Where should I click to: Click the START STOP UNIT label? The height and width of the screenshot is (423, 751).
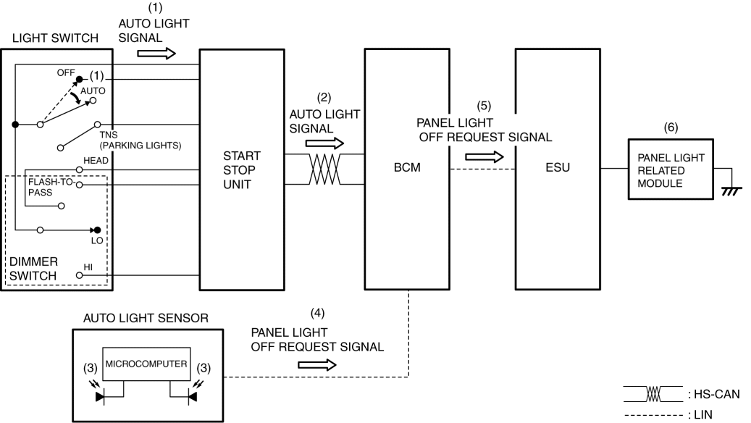[241, 170]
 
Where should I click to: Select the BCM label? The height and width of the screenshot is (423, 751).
[406, 167]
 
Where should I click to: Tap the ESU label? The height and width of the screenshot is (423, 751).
[558, 167]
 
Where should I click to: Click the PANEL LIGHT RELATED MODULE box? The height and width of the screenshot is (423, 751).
[671, 169]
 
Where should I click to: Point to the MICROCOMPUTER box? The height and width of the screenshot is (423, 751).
[146, 364]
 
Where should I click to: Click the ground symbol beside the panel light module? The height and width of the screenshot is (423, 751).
[731, 191]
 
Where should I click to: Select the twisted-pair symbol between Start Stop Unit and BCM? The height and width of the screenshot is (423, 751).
[324, 169]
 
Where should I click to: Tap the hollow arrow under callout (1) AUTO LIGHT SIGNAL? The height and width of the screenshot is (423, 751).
[156, 53]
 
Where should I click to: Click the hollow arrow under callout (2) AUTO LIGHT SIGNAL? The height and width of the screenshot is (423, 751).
[324, 143]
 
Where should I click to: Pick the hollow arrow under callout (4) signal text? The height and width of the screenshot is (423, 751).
[317, 365]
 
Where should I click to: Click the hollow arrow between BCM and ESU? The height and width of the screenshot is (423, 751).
[484, 156]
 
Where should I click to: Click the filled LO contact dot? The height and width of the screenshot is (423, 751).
[97, 230]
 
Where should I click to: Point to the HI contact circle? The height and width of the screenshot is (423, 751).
[80, 275]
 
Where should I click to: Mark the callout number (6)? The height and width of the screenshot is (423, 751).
[671, 127]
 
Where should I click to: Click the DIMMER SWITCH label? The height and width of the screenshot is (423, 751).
[33, 269]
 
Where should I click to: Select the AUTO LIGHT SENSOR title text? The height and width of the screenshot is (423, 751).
[146, 318]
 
